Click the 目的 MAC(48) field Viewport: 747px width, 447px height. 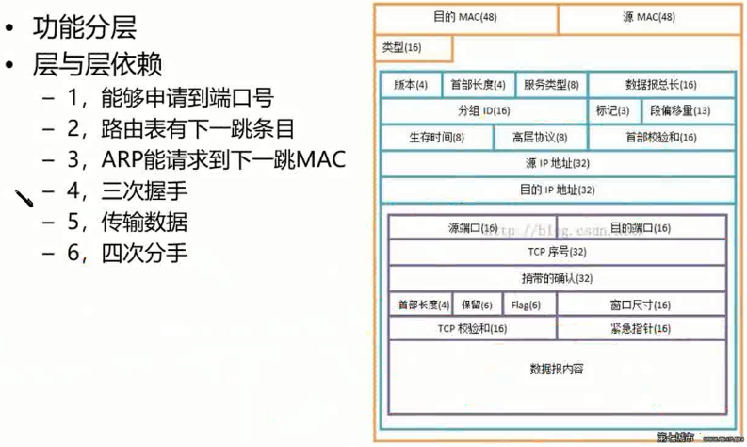pos(465,18)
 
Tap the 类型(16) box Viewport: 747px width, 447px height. pos(402,48)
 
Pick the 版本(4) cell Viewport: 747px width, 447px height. pos(411,85)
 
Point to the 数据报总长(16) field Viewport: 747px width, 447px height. pos(661,85)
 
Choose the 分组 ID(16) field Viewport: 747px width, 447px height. pos(483,110)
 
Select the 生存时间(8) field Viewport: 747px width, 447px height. pos(436,137)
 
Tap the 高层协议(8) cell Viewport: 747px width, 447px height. pos(540,137)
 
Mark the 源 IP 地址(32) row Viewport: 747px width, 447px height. pos(557,163)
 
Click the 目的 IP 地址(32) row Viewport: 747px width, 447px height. pos(557,190)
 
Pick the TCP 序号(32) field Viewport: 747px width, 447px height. pos(557,252)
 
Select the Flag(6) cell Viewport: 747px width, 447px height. pos(526,305)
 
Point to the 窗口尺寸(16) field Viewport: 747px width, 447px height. pos(641,305)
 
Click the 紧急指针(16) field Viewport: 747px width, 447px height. pos(641,329)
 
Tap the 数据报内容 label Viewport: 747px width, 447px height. pos(557,369)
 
